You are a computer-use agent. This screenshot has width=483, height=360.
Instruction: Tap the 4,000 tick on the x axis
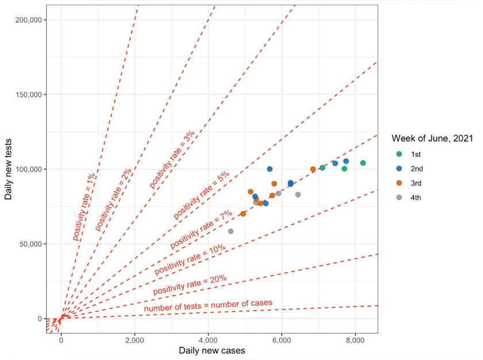tap(208, 339)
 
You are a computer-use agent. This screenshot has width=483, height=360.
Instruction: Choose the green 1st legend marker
tap(399, 154)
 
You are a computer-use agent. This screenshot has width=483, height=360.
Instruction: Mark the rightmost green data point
tap(363, 163)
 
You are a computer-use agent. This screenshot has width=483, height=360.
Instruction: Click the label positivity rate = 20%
tap(189, 285)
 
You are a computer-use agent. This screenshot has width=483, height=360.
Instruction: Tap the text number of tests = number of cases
tap(208, 307)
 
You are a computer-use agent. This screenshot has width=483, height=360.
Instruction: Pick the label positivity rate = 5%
tap(201, 195)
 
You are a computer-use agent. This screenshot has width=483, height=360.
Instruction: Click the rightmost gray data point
tap(298, 194)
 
